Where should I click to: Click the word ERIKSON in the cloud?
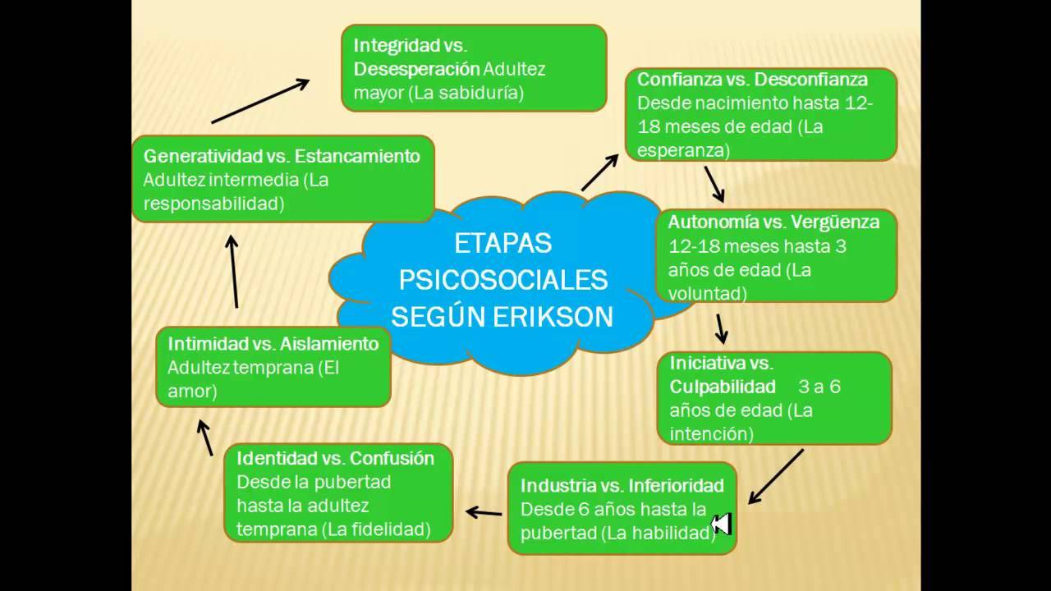coord(553,317)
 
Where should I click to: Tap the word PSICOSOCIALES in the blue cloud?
coord(503,280)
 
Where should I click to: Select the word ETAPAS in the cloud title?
coord(503,244)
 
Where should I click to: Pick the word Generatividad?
coord(203,156)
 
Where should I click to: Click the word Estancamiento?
coord(357,156)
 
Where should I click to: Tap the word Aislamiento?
coord(329,344)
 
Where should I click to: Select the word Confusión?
coord(392,458)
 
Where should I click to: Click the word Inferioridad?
coord(676,485)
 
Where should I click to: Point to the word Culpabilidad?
coord(723,387)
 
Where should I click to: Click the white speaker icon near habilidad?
coord(721,524)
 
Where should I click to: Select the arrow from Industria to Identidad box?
coord(484,513)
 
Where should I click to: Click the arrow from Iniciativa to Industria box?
coord(776,477)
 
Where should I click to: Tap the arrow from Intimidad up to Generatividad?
coord(234,272)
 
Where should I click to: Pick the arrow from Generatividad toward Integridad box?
coord(260,101)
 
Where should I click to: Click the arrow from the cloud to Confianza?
coord(600,173)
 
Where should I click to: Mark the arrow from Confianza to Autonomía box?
coord(714,185)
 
